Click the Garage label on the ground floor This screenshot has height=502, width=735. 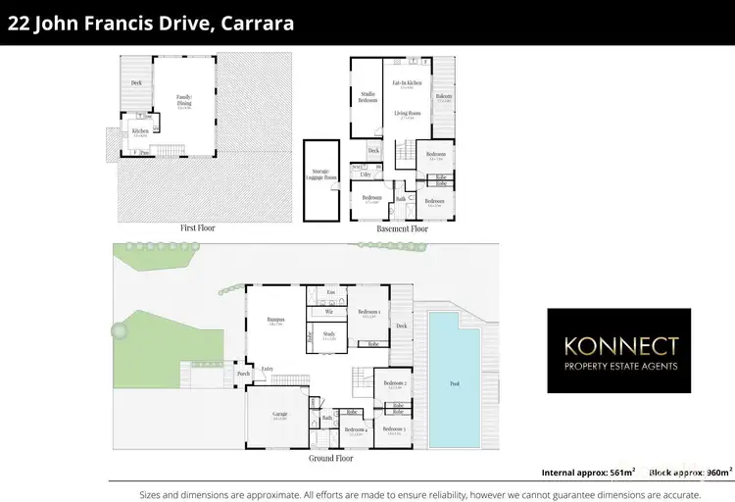click(x=279, y=415)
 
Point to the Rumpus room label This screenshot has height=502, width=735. click(x=274, y=320)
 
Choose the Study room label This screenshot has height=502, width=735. click(x=329, y=334)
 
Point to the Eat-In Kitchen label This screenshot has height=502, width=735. click(x=407, y=83)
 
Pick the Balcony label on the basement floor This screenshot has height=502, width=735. click(x=444, y=96)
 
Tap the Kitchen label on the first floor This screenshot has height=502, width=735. click(x=140, y=130)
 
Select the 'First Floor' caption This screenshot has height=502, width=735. click(x=197, y=227)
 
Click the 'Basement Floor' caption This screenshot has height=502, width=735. click(x=402, y=228)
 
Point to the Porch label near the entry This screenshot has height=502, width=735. click(x=243, y=374)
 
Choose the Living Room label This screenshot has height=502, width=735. click(x=407, y=114)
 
